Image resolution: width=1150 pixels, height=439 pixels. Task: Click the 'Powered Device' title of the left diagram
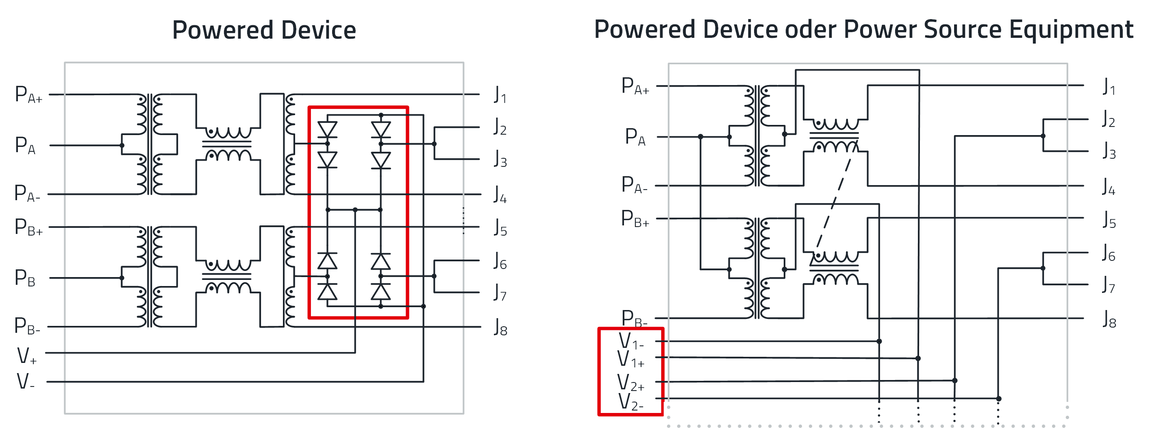click(264, 31)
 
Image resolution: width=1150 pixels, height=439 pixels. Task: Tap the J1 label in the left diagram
click(500, 95)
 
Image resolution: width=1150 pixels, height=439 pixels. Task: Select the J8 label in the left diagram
click(500, 328)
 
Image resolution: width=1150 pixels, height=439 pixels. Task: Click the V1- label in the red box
click(631, 341)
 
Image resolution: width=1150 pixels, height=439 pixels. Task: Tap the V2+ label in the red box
click(631, 383)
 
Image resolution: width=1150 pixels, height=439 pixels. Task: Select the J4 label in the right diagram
click(1109, 187)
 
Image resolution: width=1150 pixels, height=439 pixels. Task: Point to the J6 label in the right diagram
click(1109, 253)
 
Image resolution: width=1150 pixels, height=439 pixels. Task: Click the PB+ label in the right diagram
click(635, 219)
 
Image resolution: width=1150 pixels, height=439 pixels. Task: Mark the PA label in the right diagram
click(635, 137)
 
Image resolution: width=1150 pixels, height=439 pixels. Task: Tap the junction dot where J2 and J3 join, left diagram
click(434, 144)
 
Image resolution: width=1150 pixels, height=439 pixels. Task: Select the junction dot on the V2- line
click(999, 398)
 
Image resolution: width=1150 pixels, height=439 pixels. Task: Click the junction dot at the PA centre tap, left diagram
click(122, 145)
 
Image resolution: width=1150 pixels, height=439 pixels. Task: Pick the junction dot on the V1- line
click(879, 341)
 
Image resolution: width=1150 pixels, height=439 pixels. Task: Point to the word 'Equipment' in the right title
click(1071, 31)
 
